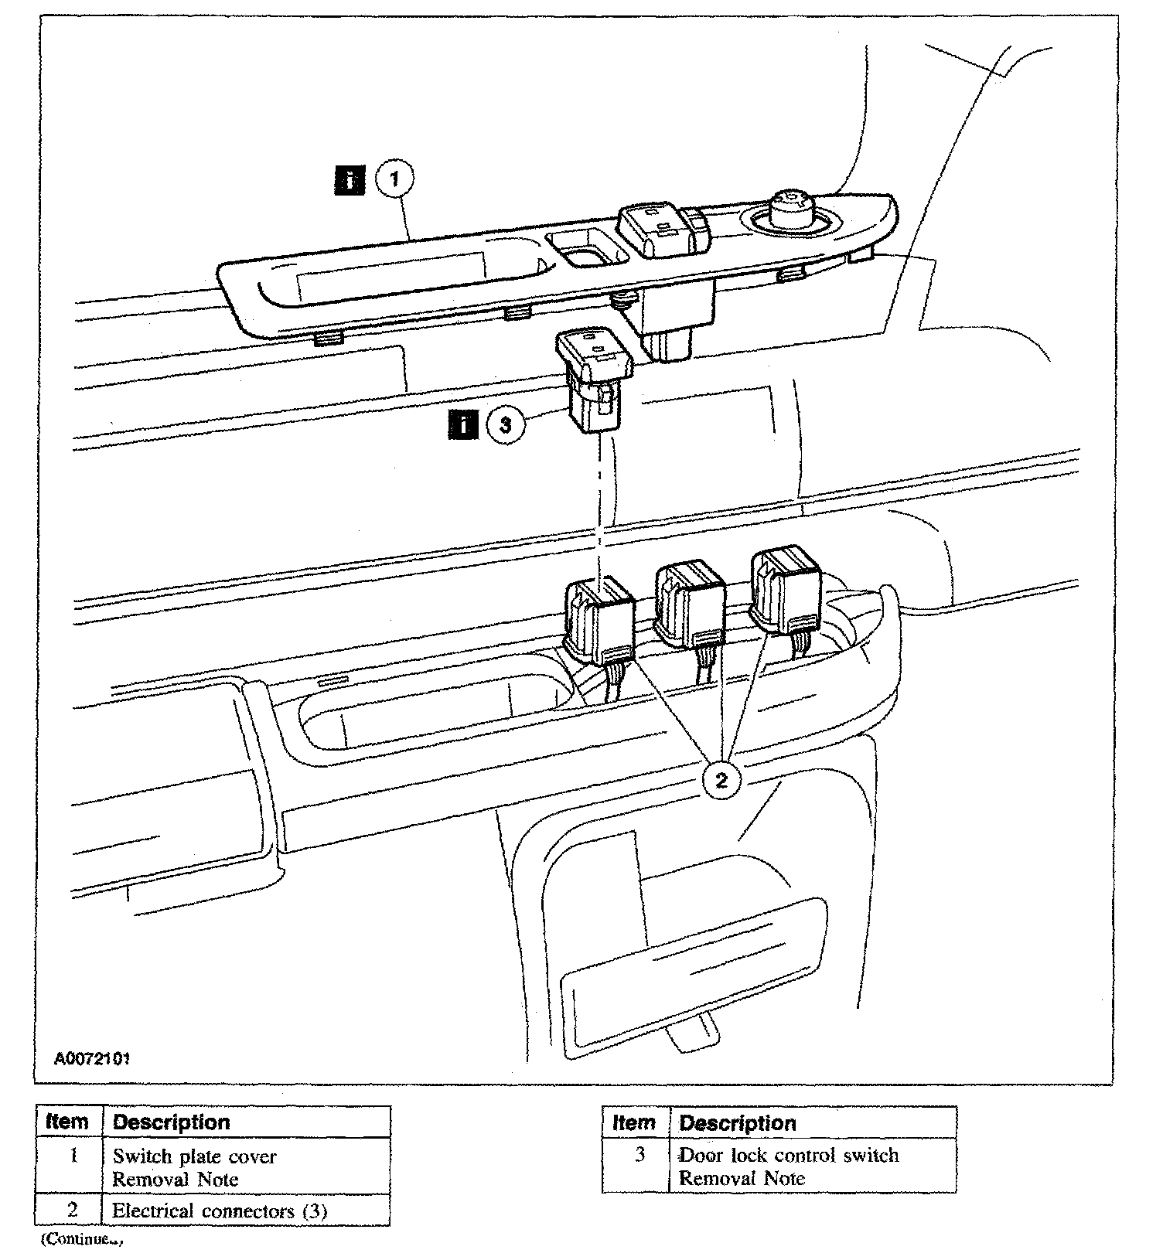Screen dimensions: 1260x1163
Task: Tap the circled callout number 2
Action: coord(721,780)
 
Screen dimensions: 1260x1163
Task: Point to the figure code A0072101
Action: coord(91,1057)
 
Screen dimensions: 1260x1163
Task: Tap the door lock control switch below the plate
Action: coord(595,379)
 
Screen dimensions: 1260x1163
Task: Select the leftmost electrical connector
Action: coord(600,618)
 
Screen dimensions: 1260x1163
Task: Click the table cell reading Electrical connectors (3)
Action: coord(220,1211)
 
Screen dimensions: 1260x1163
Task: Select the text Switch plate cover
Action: coord(194,1156)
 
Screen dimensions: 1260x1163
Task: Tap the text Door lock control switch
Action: coord(789,1155)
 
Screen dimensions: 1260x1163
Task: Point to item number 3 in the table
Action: coord(639,1155)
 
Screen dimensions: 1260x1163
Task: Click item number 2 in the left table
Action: coord(72,1210)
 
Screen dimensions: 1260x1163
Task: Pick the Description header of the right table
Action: coord(738,1122)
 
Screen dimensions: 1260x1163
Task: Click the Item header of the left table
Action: coord(67,1122)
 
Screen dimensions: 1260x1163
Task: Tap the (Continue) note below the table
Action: coord(83,1239)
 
